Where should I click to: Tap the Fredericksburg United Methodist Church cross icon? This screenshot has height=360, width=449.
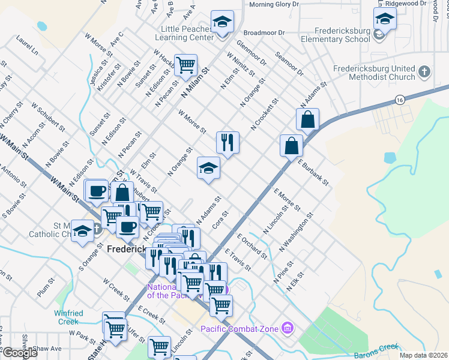[424, 72]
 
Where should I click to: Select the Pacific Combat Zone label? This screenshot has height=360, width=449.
[239, 329]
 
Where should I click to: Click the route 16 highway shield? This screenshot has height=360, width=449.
[399, 98]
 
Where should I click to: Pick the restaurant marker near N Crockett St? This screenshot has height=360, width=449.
[227, 143]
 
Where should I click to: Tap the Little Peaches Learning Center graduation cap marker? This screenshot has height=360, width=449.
[222, 23]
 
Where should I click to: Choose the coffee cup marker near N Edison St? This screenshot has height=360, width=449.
[97, 191]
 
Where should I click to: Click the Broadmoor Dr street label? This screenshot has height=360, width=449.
[263, 32]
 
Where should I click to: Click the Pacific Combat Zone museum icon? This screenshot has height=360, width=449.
[288, 328]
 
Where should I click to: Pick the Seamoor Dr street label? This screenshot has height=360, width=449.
[289, 62]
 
